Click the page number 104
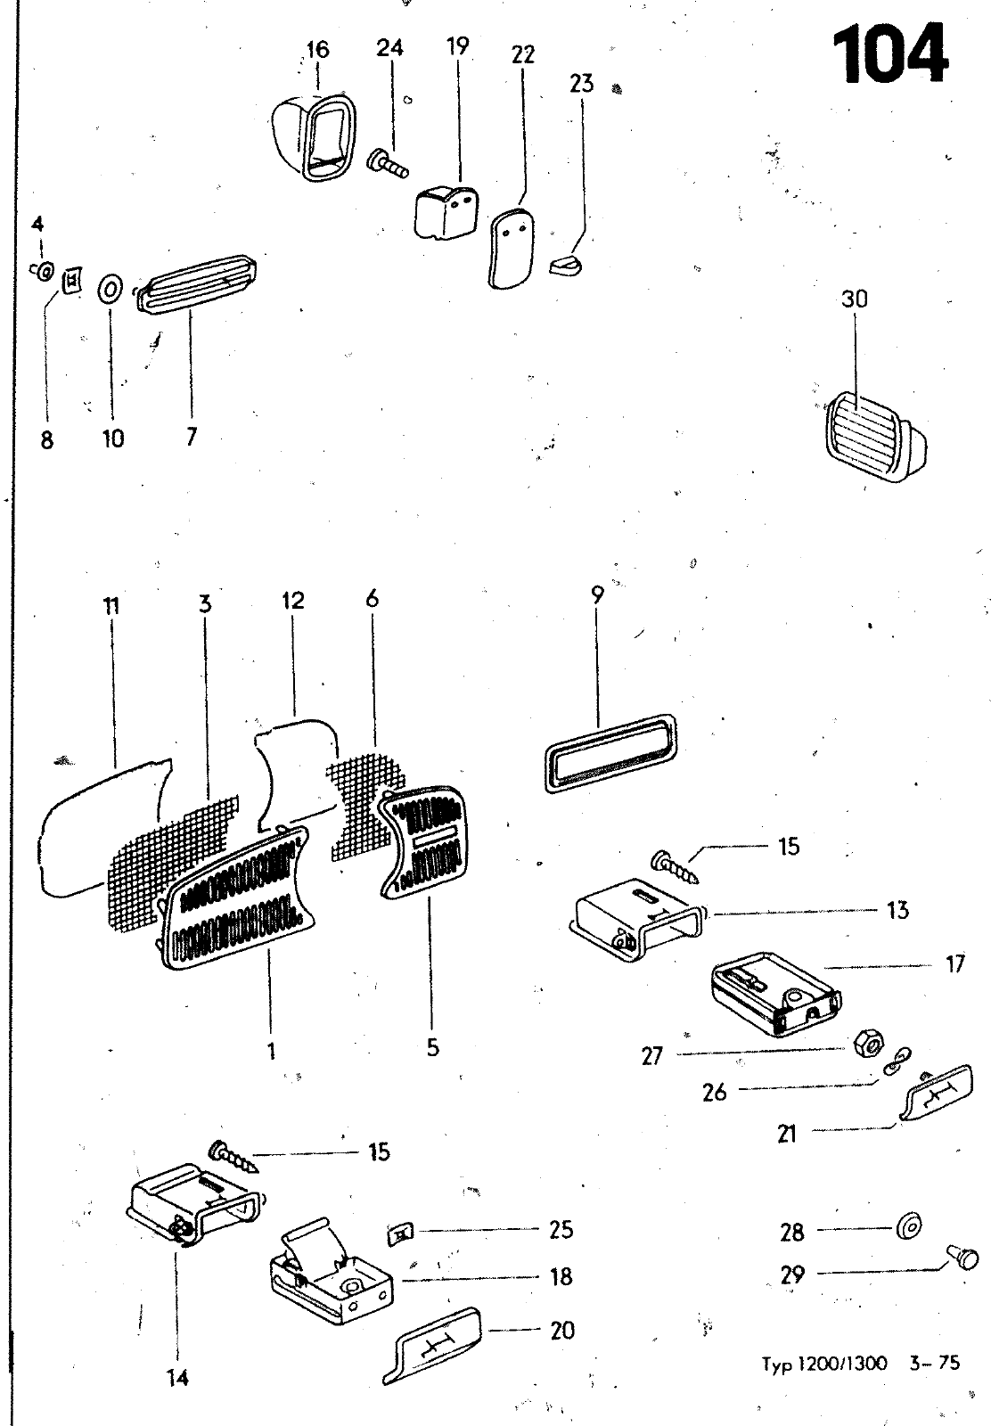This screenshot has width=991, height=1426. click(x=889, y=53)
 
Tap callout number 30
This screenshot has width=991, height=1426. click(x=854, y=299)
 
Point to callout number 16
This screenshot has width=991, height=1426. click(x=317, y=50)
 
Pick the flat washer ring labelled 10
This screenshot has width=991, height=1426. click(x=110, y=290)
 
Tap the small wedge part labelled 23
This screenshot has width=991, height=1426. click(x=566, y=264)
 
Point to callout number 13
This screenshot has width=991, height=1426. click(x=897, y=910)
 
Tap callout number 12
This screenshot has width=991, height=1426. click(x=293, y=601)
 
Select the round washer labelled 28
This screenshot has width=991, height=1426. click(x=908, y=1225)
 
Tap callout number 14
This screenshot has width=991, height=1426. click(x=177, y=1378)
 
